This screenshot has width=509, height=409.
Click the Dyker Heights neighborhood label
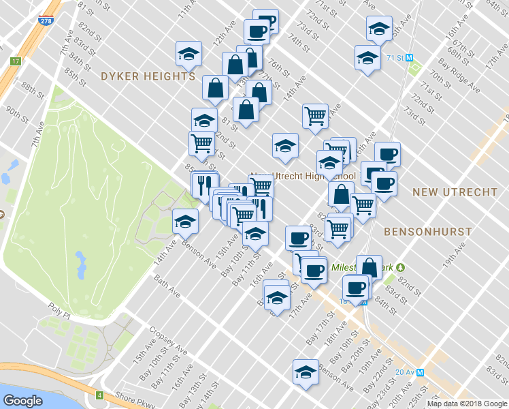coord(148,76)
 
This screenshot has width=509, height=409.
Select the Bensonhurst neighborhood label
coord(428,232)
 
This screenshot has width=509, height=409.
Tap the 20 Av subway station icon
coord(420,372)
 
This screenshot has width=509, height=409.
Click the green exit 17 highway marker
coord(15,61)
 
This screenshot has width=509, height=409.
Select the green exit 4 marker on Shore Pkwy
coord(99,395)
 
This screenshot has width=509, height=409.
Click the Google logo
coord(22,400)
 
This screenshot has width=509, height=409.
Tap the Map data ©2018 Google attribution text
coord(466,404)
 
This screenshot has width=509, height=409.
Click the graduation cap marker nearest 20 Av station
coord(306,372)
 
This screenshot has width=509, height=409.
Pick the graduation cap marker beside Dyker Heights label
coord(188,53)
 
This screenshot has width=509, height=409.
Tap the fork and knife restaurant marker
coord(203,184)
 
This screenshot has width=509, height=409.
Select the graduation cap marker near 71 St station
coord(367,57)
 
